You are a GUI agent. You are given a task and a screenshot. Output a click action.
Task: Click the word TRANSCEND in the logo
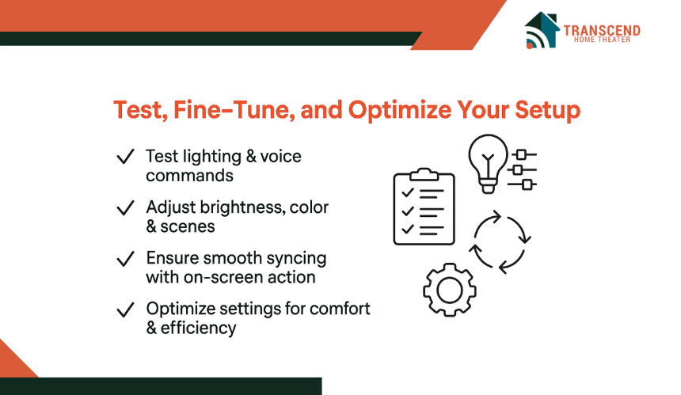(x=602, y=30)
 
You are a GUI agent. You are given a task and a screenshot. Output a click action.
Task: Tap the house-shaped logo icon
(x=542, y=30)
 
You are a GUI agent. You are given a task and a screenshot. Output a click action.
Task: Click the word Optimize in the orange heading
(x=400, y=110)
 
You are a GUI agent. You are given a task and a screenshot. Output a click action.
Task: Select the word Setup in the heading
(x=548, y=110)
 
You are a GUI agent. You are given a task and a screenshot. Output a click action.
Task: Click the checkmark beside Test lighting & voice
(x=126, y=156)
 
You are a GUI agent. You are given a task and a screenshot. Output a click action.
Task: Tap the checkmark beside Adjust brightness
(x=126, y=207)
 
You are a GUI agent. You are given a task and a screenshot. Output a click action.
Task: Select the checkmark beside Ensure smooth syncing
(x=126, y=259)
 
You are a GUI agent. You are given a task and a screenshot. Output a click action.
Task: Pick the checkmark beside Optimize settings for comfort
(x=126, y=310)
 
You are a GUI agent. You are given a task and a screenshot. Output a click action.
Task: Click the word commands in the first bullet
(x=189, y=176)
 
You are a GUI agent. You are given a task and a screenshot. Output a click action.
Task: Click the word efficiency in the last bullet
(x=199, y=329)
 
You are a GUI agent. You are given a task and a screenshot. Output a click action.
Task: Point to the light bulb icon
(x=488, y=163)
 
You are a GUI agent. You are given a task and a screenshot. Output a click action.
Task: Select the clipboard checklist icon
(x=424, y=207)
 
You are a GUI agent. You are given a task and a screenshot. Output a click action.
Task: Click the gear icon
(x=450, y=290)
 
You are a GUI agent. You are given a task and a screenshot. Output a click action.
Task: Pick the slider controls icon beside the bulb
(x=522, y=169)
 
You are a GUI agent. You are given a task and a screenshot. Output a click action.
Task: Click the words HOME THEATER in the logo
(x=602, y=40)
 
